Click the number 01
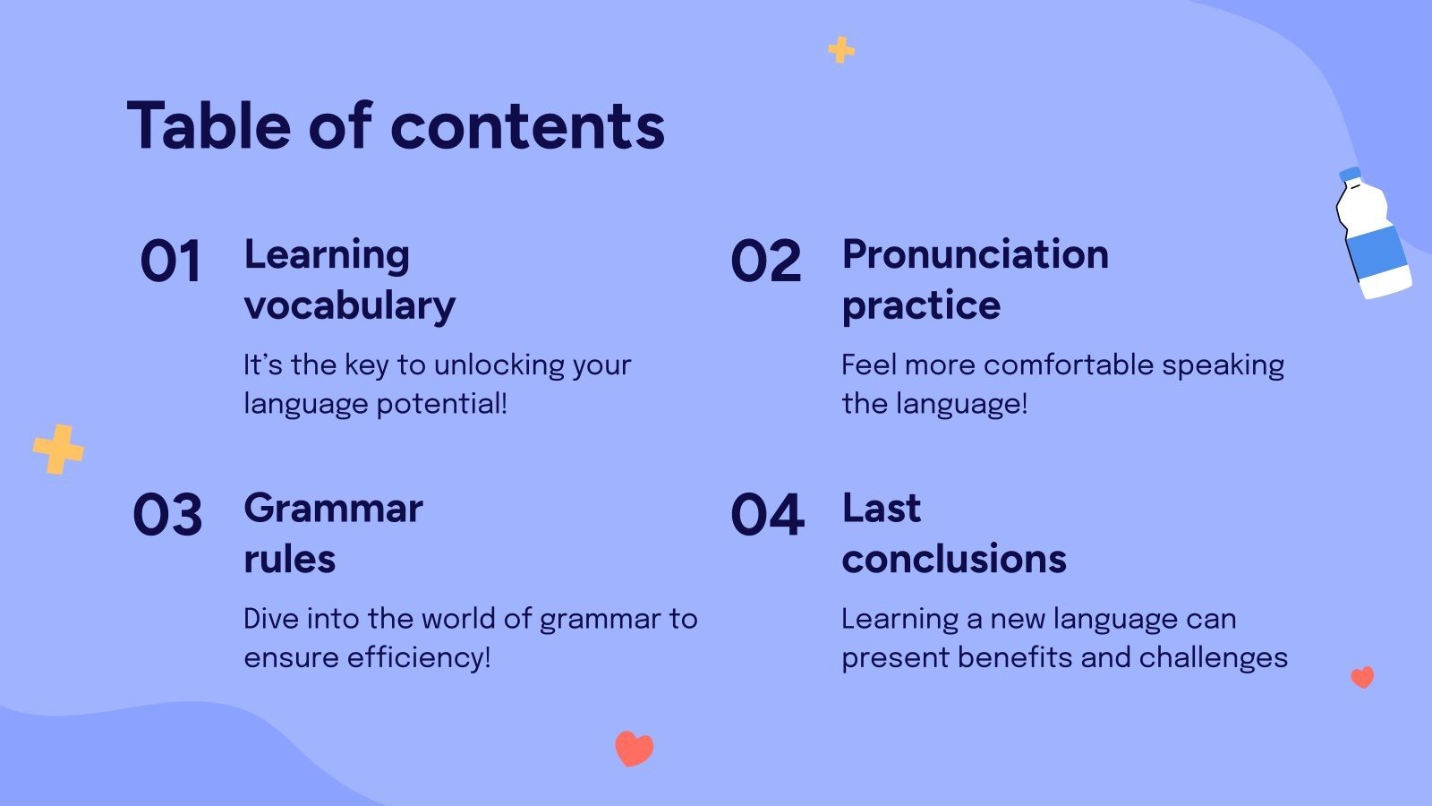pyautogui.click(x=171, y=261)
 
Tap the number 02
pyautogui.click(x=766, y=261)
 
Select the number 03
pyautogui.click(x=167, y=514)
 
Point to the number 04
pyautogui.click(x=767, y=514)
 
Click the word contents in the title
pyautogui.click(x=528, y=127)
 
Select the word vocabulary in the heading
pyautogui.click(x=350, y=306)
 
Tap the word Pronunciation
pyautogui.click(x=976, y=254)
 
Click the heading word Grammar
pyautogui.click(x=333, y=510)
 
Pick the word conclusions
pyautogui.click(x=954, y=559)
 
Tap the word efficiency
pyautogui.click(x=419, y=658)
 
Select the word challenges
pyautogui.click(x=1214, y=657)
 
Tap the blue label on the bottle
pyautogui.click(x=1377, y=252)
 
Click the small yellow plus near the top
pyautogui.click(x=841, y=50)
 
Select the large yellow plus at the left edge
pyautogui.click(x=58, y=450)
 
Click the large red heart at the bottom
pyautogui.click(x=635, y=749)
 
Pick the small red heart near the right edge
pyautogui.click(x=1362, y=677)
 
